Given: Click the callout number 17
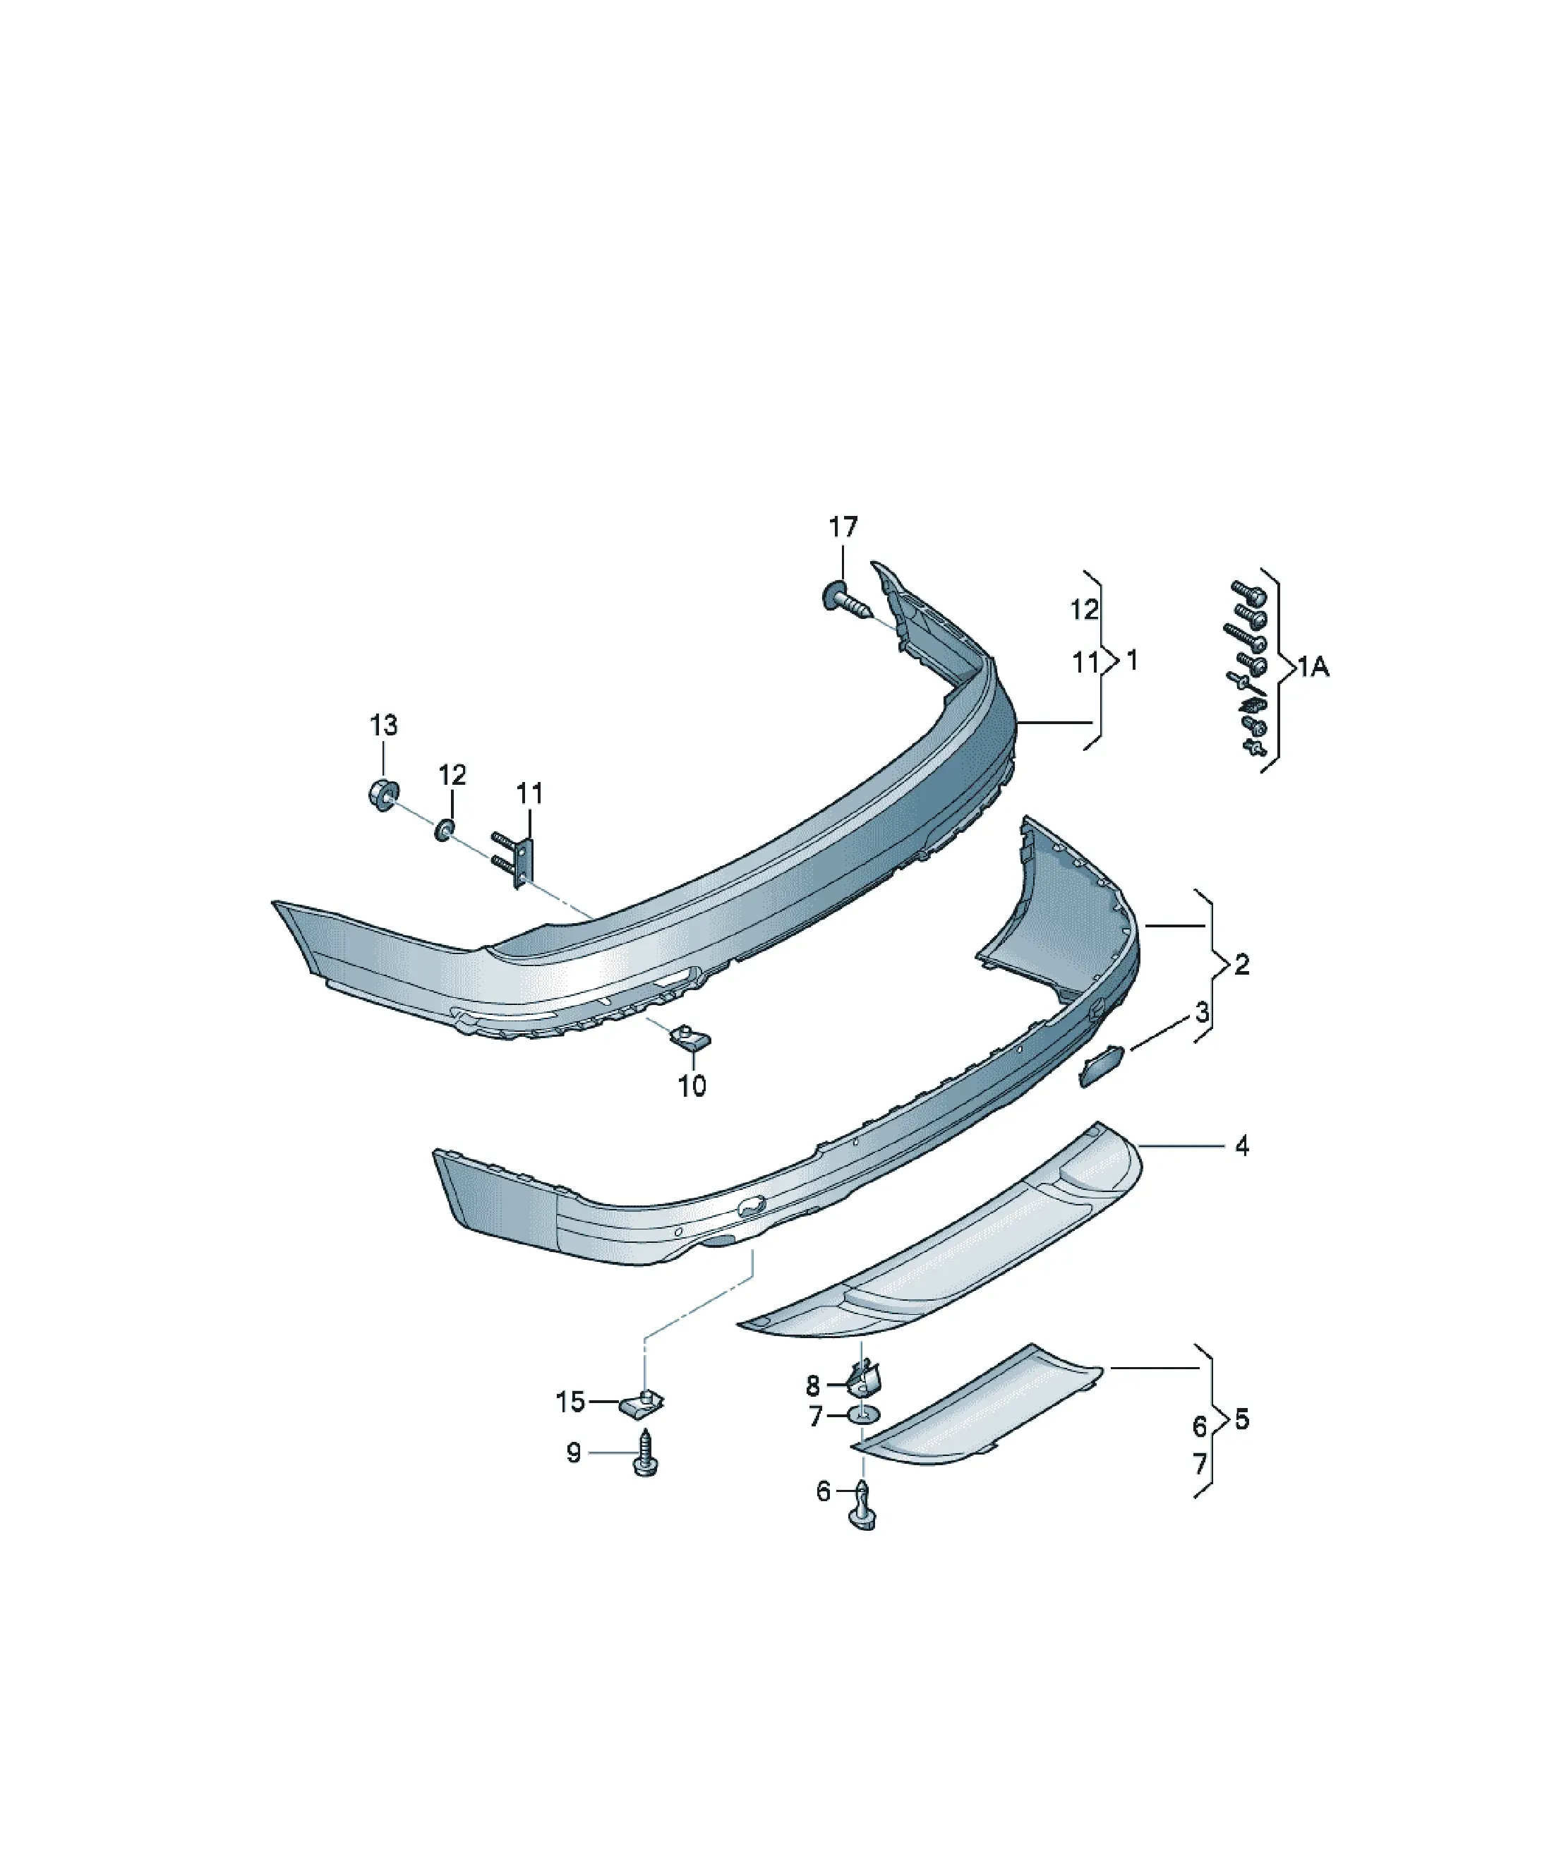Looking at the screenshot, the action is (842, 527).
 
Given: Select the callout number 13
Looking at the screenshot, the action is (383, 726).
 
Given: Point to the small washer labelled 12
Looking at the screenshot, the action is (445, 831).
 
